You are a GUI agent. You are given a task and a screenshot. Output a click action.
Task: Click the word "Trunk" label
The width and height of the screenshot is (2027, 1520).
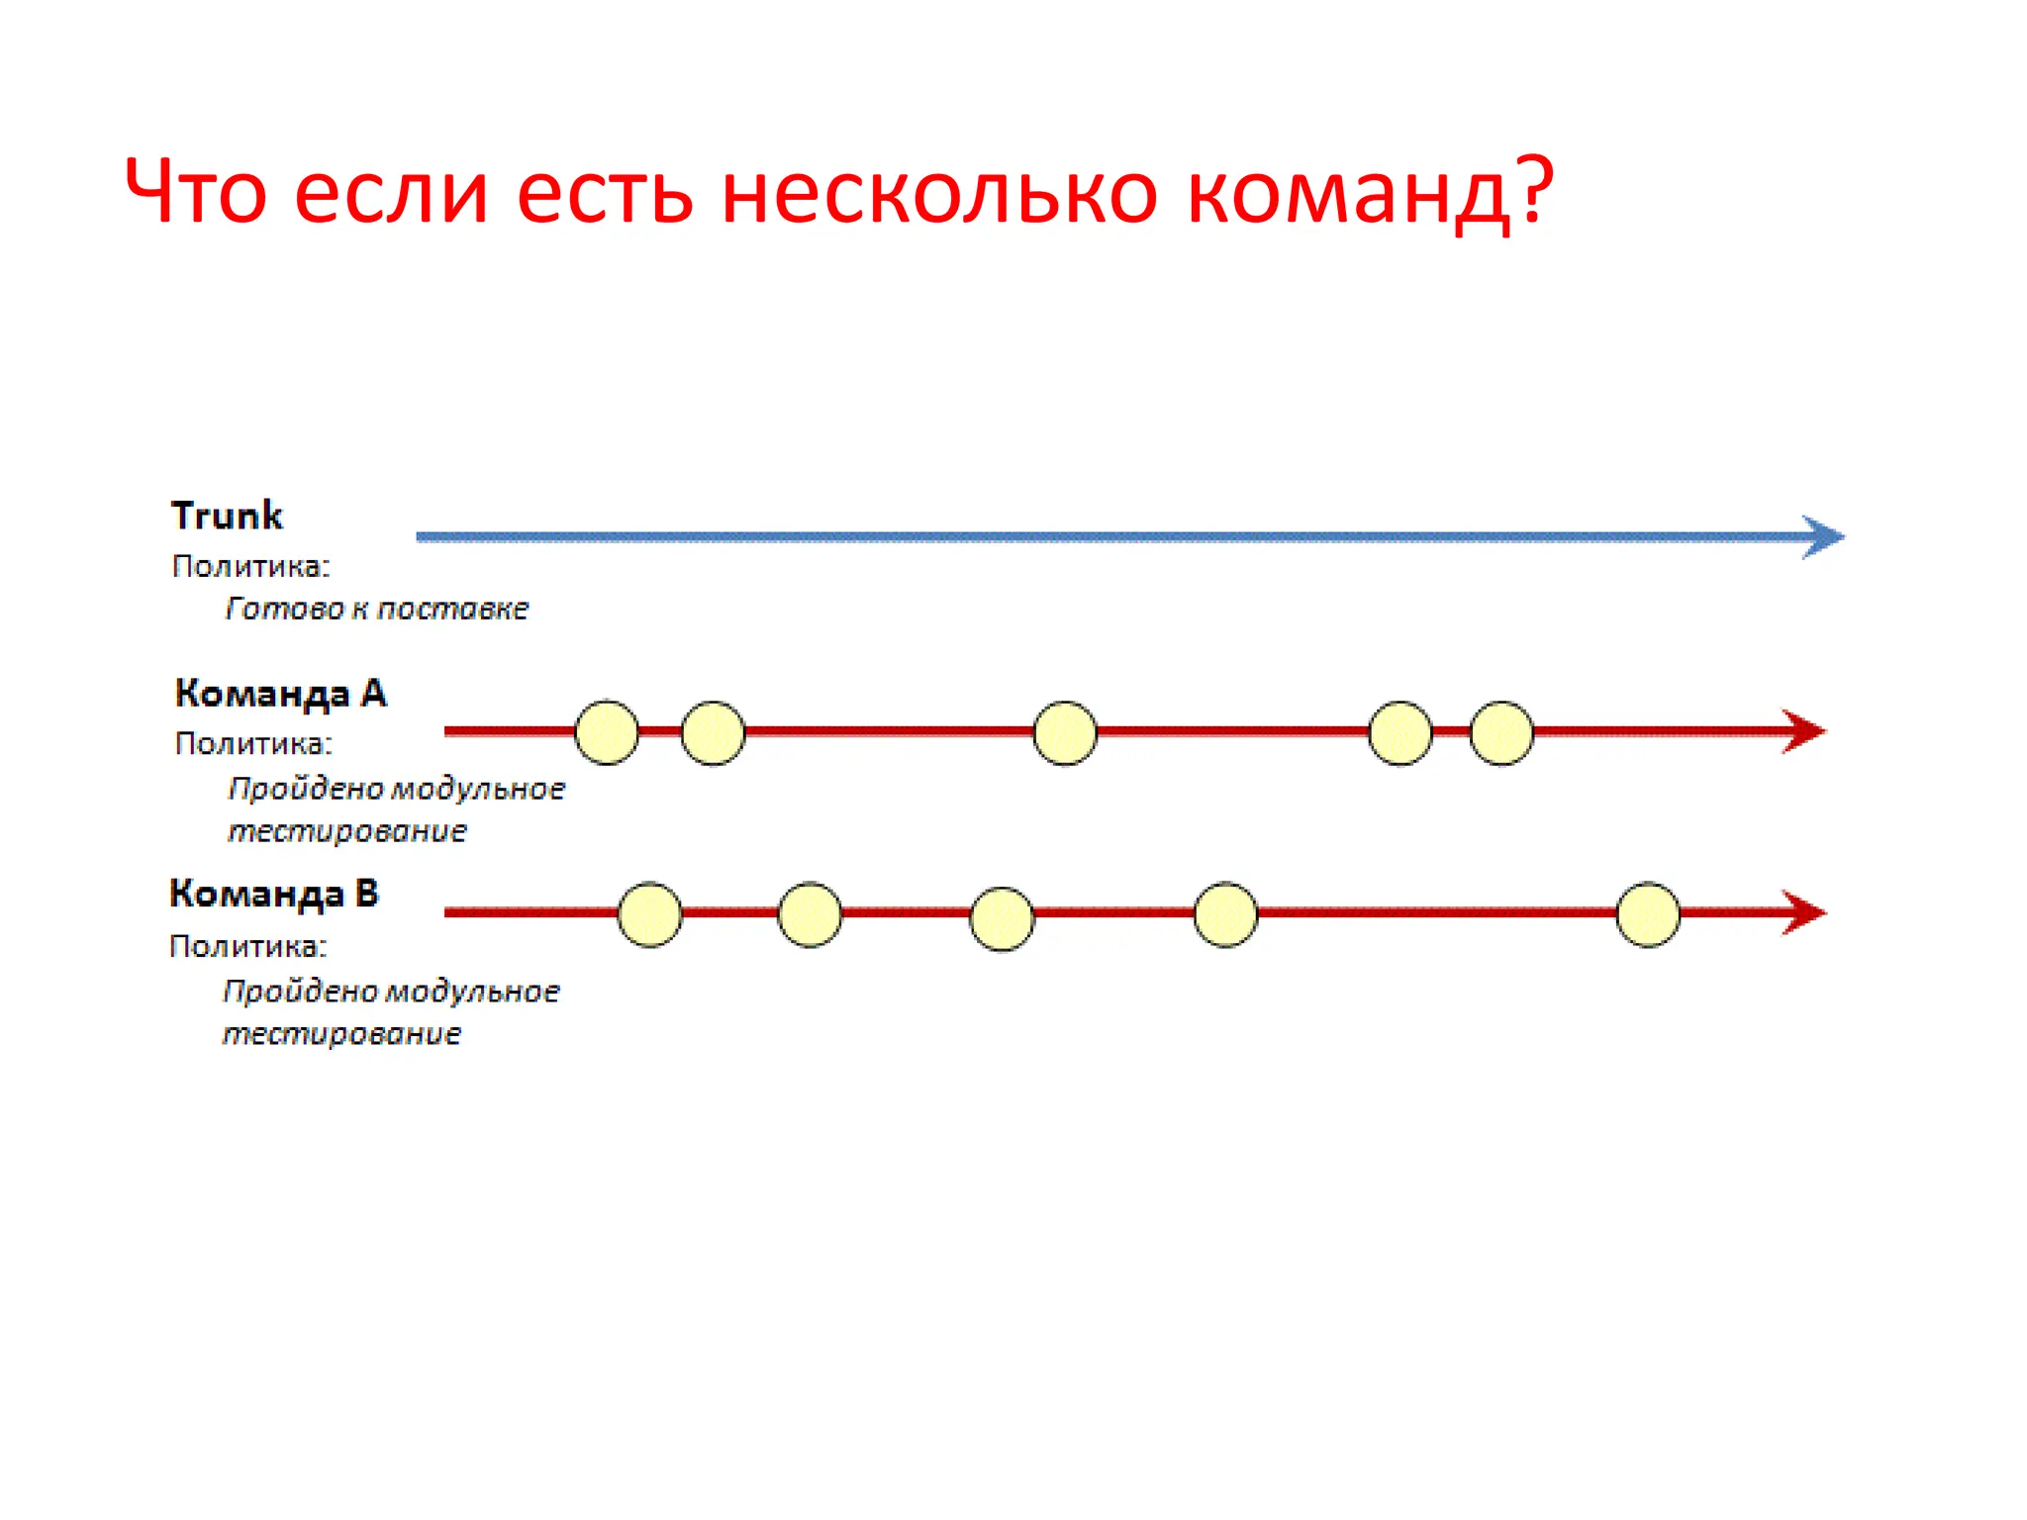227,516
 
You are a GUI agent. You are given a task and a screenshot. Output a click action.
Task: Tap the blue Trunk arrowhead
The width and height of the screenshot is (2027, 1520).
1823,537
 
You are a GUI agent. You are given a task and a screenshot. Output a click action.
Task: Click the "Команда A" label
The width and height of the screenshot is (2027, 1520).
280,694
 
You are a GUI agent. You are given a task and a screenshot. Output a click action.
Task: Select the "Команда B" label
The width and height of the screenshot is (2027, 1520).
274,894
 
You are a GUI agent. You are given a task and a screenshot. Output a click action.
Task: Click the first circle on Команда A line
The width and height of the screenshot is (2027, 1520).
607,732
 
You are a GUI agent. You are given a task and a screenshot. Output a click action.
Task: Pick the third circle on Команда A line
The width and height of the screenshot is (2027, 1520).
1065,733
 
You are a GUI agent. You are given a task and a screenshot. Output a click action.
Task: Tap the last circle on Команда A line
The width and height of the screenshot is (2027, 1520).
1501,733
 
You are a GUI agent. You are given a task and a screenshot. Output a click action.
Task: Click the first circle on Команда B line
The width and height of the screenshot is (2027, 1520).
649,914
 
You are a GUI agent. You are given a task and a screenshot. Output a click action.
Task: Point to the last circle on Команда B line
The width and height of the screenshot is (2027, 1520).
1648,914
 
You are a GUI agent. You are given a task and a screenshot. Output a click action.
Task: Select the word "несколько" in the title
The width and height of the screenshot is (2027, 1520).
939,193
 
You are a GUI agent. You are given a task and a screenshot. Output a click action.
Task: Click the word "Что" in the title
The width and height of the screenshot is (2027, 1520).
195,191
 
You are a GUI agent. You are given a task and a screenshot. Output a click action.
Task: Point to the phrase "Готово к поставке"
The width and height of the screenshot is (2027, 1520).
377,609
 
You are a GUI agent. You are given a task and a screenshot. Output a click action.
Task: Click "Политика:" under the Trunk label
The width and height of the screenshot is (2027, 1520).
251,566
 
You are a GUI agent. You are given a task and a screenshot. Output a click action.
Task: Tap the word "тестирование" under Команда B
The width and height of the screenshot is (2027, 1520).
341,1034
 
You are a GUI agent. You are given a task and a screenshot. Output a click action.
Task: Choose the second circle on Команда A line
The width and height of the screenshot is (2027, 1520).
713,733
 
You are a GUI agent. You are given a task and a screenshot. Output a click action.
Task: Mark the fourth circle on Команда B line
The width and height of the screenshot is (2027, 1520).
1225,914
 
